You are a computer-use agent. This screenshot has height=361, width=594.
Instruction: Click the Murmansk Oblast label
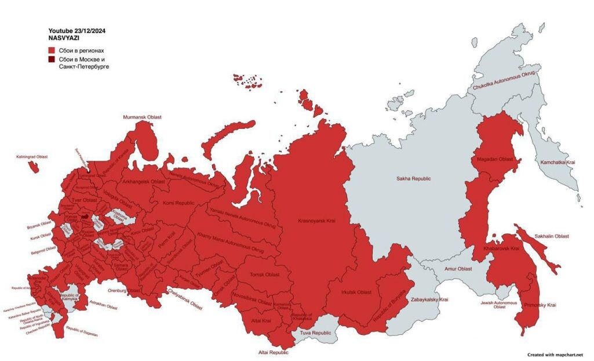click(142, 117)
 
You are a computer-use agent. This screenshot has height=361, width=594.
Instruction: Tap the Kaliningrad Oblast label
click(32, 157)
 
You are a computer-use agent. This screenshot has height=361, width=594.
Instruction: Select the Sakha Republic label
click(413, 179)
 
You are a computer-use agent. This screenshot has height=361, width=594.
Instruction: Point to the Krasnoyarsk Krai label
click(316, 221)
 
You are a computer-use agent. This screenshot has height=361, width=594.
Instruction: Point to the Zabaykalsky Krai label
click(429, 299)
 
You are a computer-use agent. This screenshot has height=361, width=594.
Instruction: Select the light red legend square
click(52, 50)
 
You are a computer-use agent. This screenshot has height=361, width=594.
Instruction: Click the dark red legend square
click(52, 60)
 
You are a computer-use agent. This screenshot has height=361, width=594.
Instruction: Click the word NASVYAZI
click(60, 37)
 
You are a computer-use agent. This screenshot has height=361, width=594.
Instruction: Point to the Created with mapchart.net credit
click(555, 354)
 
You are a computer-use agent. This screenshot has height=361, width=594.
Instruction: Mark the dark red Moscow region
click(85, 216)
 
